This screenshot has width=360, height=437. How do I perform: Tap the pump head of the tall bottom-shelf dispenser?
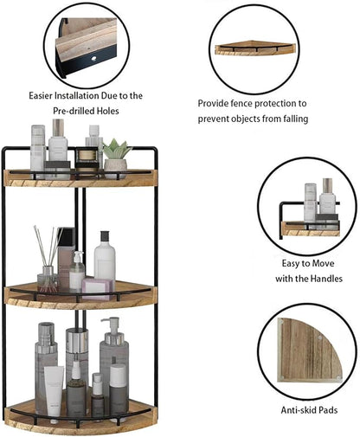pyautogui.click(x=110, y=325)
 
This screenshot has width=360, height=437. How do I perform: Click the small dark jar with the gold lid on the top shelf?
pyautogui.click(x=87, y=157)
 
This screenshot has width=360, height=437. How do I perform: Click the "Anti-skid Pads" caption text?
pyautogui.click(x=307, y=409)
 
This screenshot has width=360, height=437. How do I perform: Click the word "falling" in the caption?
pyautogui.click(x=292, y=118)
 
